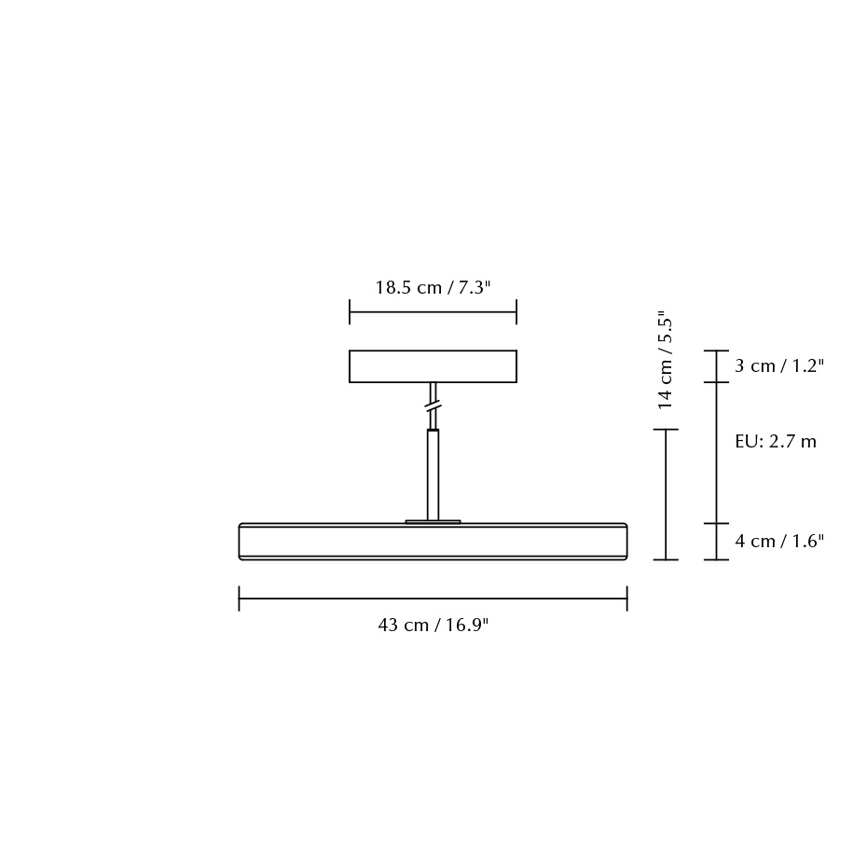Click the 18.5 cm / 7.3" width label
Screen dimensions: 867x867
click(433, 287)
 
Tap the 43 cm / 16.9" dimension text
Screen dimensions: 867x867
click(433, 625)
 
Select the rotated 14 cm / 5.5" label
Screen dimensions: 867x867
click(665, 360)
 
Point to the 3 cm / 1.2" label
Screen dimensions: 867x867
click(779, 366)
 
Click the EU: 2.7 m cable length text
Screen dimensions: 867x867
click(775, 442)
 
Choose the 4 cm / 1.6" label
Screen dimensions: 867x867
click(779, 542)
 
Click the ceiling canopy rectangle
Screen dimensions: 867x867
click(433, 366)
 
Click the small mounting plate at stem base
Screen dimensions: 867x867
click(433, 521)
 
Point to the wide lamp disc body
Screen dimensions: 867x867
click(433, 541)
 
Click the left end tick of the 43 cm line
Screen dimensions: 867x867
click(240, 599)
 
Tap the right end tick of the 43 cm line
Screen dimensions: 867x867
click(626, 599)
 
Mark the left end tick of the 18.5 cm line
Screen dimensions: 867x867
click(350, 312)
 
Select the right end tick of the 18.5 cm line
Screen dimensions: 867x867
click(516, 312)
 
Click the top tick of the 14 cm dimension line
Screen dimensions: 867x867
click(665, 430)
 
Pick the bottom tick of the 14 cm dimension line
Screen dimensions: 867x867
click(665, 559)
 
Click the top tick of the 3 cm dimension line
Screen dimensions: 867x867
click(716, 351)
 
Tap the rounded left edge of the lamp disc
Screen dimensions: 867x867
click(241, 541)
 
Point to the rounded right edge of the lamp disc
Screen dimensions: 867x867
click(625, 541)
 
